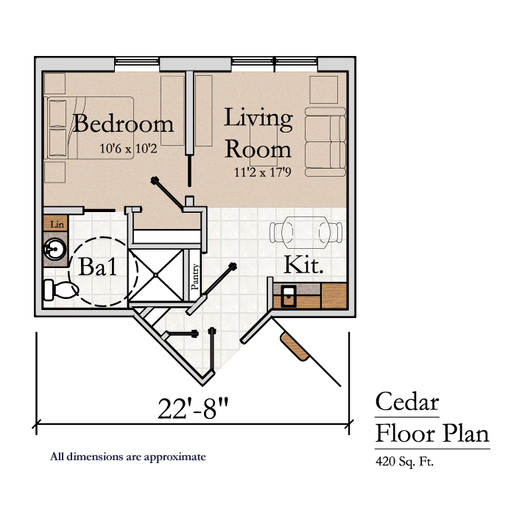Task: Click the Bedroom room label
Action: (x=123, y=124)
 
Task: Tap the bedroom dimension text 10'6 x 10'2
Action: (x=128, y=148)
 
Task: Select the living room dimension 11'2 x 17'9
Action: (x=262, y=172)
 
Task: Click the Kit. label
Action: (x=303, y=265)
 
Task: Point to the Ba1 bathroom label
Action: (x=98, y=267)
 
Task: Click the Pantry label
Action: (x=195, y=277)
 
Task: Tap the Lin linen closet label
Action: (x=57, y=224)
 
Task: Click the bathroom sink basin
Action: (x=55, y=249)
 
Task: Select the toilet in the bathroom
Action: (x=61, y=290)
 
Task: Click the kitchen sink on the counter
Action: (x=289, y=296)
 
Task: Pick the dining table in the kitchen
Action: (x=306, y=233)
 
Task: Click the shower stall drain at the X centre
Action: (x=155, y=275)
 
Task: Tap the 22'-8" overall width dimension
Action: (x=193, y=409)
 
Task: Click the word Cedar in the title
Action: (x=406, y=401)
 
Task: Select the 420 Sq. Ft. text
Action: (x=404, y=462)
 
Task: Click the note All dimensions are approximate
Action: (x=128, y=457)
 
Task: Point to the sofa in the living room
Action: (x=325, y=141)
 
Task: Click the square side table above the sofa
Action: (x=323, y=90)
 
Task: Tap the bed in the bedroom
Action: (x=91, y=128)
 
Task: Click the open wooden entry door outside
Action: (x=295, y=346)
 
